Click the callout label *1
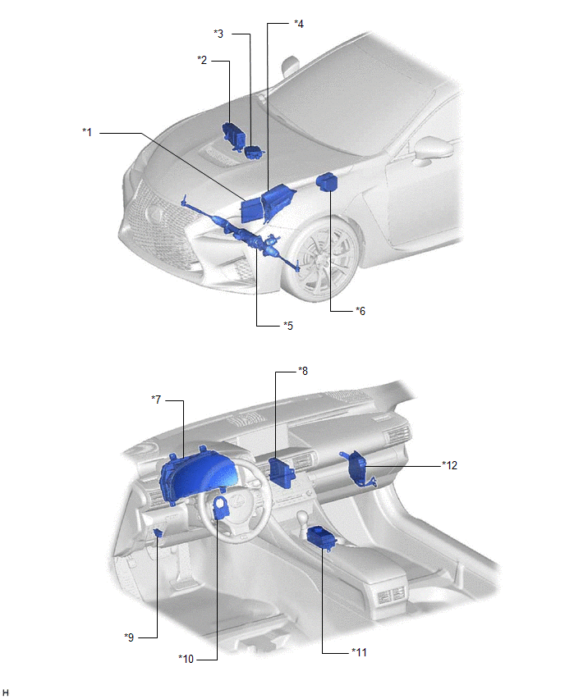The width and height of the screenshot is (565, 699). [87, 132]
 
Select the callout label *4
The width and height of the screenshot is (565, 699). [299, 24]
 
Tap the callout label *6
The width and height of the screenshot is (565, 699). [361, 311]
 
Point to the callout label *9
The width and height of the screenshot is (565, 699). [129, 637]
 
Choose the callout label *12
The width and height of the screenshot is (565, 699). [449, 465]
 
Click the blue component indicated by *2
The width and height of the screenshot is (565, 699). [234, 134]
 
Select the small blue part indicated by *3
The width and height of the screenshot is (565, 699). [254, 152]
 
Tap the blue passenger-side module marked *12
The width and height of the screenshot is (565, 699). [358, 468]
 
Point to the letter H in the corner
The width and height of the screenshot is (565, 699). [6, 692]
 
